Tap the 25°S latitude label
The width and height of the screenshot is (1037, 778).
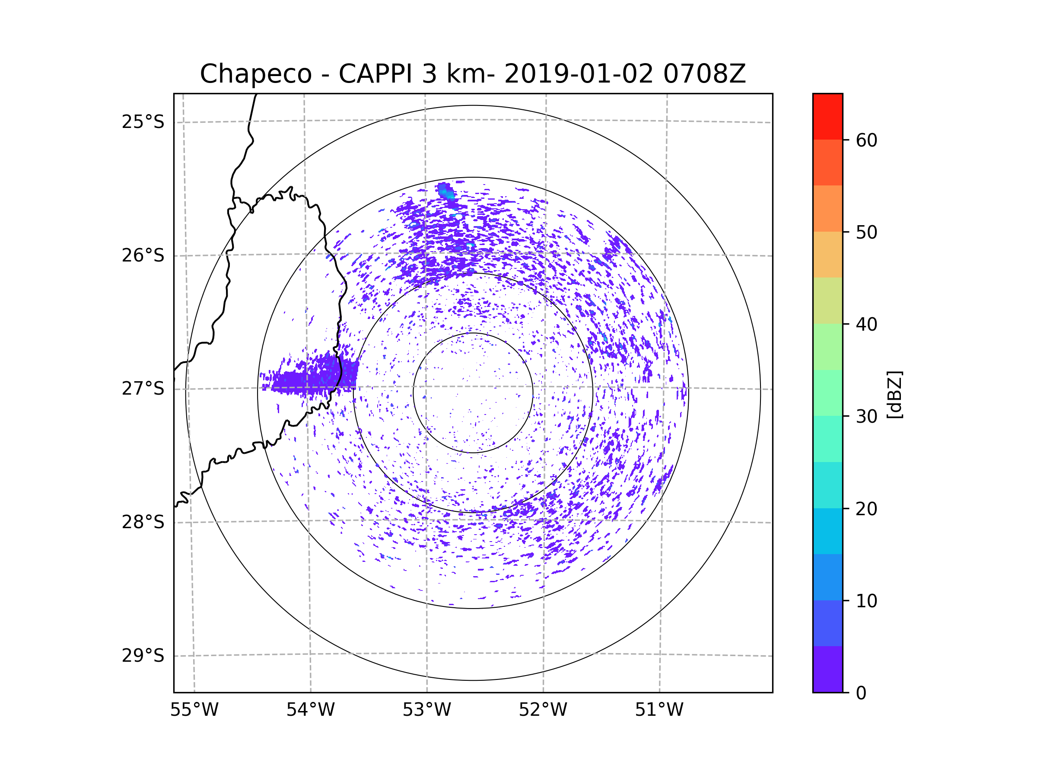click(143, 122)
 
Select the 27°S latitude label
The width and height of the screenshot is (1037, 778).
click(143, 389)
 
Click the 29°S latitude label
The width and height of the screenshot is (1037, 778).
click(143, 656)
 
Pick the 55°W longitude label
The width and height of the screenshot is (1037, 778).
click(194, 710)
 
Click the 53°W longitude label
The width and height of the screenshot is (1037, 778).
click(426, 710)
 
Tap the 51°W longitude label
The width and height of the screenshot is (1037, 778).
click(659, 710)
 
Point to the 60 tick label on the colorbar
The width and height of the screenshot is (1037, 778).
click(866, 140)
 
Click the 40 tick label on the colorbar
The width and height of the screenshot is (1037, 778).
click(866, 324)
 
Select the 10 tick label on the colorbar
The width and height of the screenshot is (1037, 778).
click(866, 601)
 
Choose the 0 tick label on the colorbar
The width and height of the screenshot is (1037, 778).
click(861, 693)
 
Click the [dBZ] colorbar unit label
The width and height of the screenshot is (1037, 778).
click(895, 394)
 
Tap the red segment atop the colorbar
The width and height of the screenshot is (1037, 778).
click(827, 116)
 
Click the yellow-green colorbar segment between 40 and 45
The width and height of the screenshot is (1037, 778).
click(827, 300)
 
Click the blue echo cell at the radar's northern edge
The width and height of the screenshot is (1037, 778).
click(445, 192)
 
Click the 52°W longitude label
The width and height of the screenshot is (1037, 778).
click(543, 710)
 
